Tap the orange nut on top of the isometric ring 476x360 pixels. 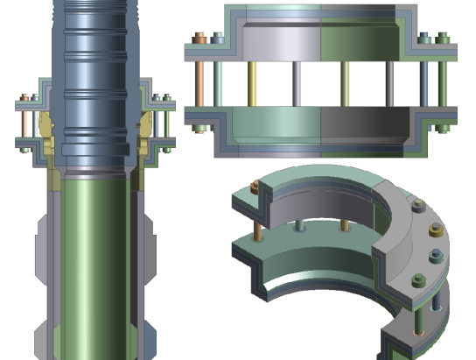tap(254, 186)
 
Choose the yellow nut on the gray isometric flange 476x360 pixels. tap(434, 235)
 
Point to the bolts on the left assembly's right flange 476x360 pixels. tap(161, 119)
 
